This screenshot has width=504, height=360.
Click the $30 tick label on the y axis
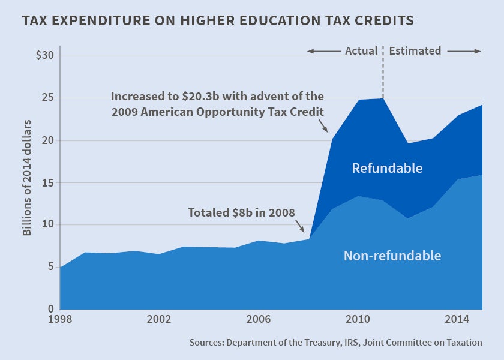(45, 56)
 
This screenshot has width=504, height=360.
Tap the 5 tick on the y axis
(51, 266)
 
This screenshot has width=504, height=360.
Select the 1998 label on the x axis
(61, 319)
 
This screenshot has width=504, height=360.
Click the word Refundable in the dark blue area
(387, 168)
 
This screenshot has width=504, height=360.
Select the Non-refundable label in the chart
(392, 256)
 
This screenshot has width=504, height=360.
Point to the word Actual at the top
(361, 51)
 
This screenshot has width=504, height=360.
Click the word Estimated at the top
(415, 51)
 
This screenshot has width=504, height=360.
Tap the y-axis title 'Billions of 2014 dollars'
(28, 178)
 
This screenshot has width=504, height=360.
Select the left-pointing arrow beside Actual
(323, 52)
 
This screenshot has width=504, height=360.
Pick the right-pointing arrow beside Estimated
(464, 52)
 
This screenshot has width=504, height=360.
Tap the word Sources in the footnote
(208, 343)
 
